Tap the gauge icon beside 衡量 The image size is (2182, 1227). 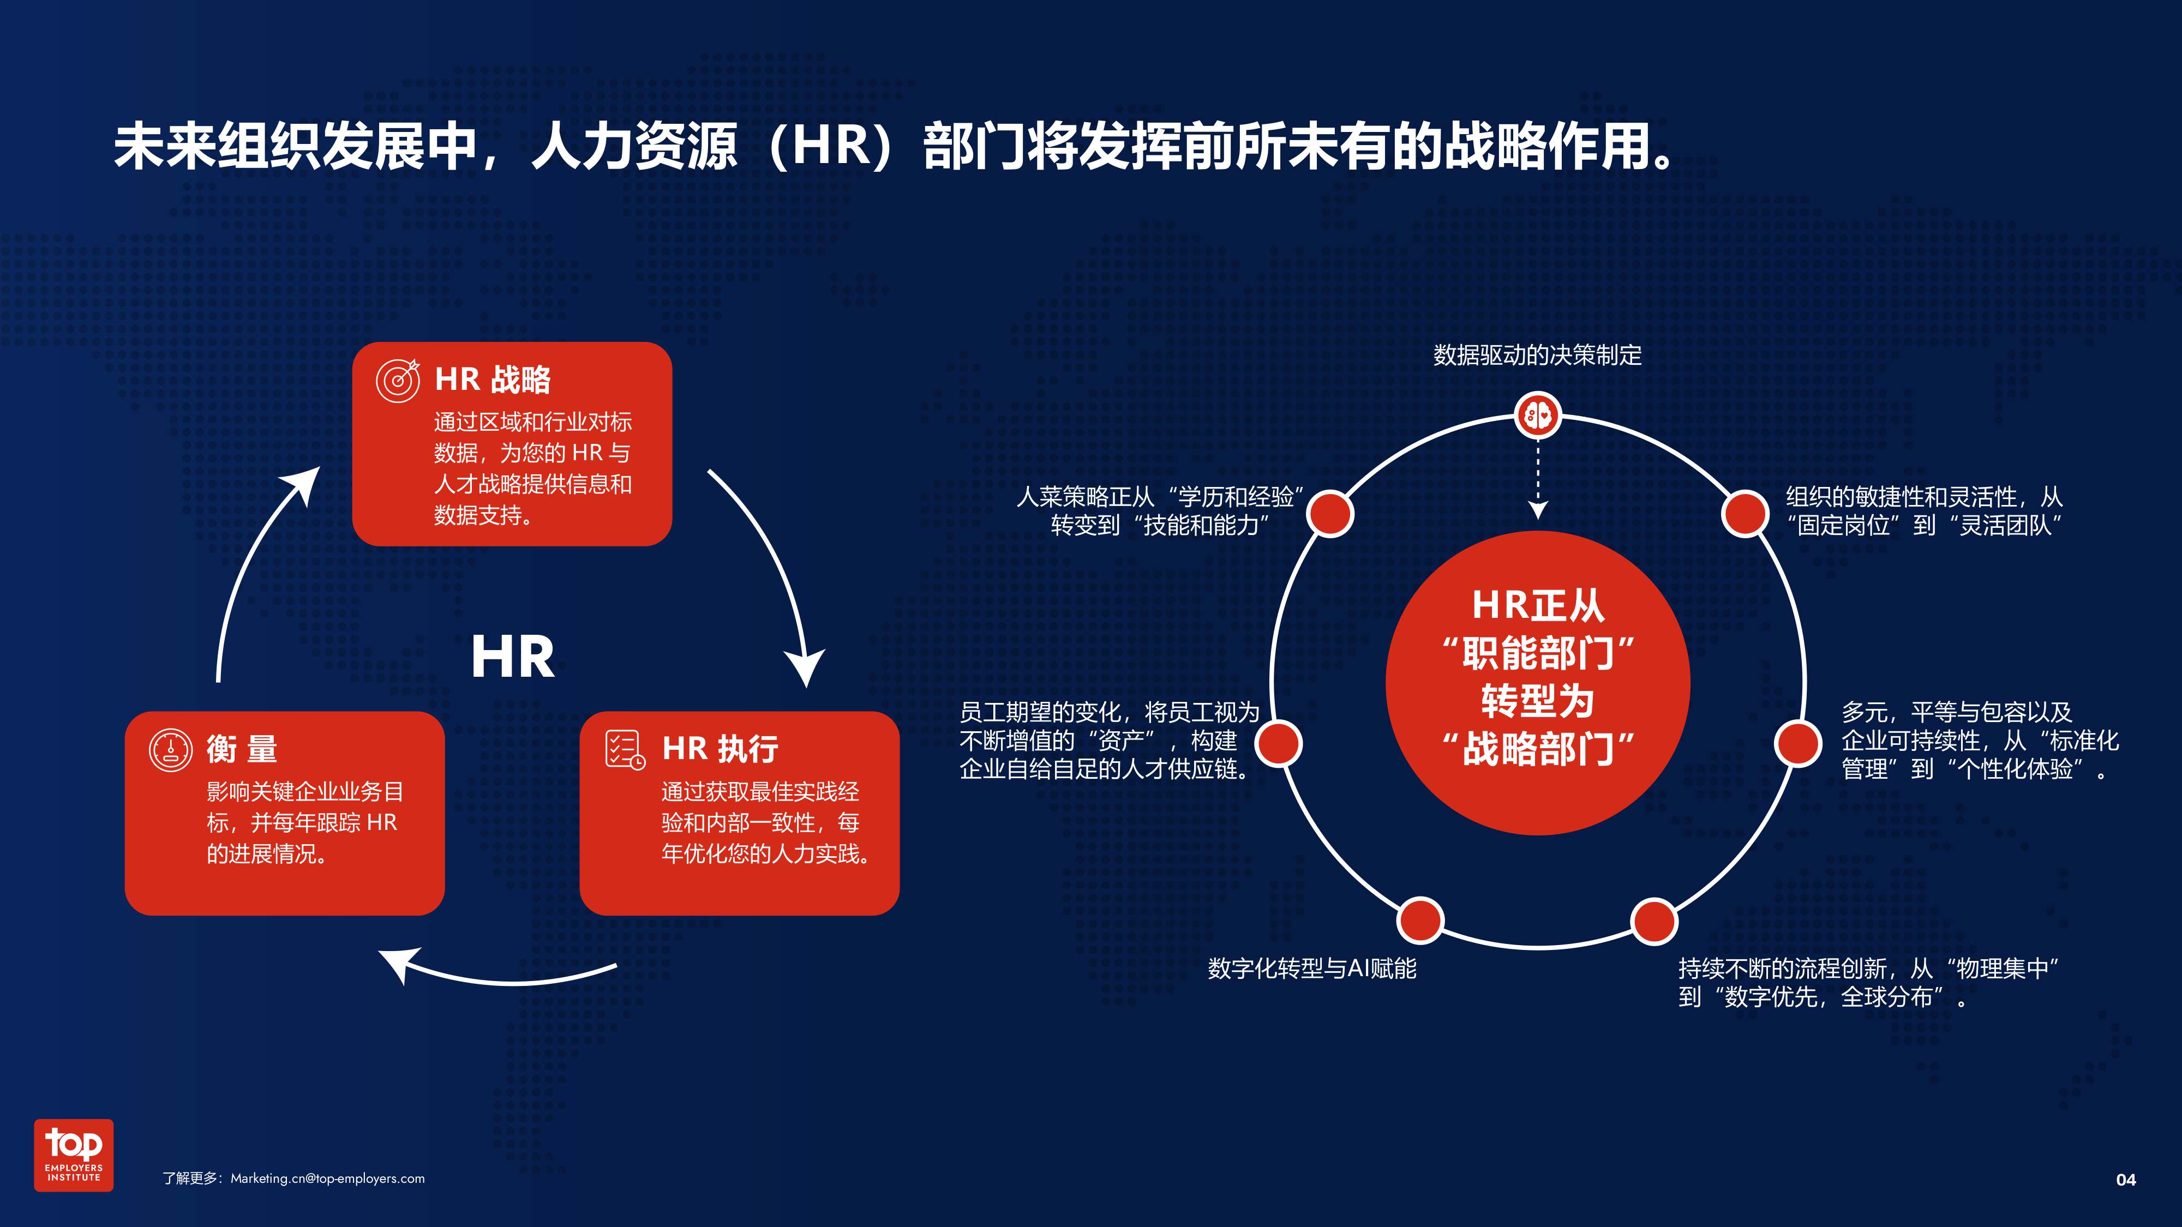coord(171,749)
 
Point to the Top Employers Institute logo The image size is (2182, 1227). coord(74,1155)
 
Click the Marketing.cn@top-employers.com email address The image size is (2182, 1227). coord(328,1178)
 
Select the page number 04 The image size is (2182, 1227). coord(2126,1180)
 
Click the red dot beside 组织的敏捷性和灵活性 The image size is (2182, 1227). coord(1745,514)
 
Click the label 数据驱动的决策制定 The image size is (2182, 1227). coord(1537,356)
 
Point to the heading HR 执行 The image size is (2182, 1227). coord(720,749)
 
